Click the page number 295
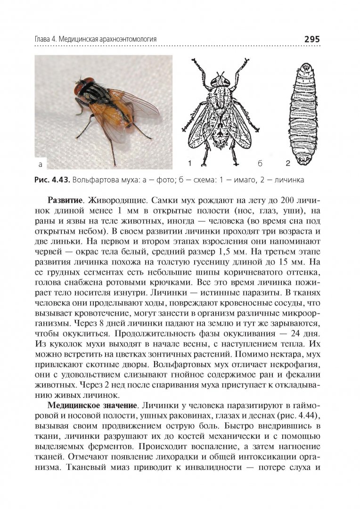(312, 39)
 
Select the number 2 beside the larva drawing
(287, 164)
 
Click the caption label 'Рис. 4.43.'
(52, 180)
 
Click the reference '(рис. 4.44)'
(297, 417)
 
